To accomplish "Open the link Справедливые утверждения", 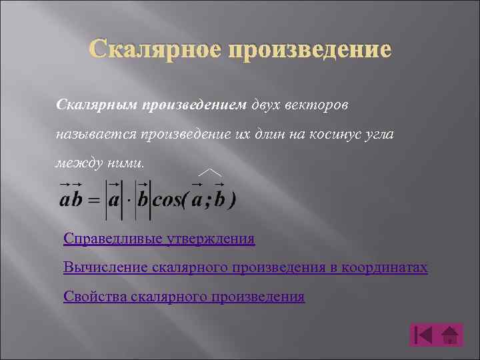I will [x=159, y=238].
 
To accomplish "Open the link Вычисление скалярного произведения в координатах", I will [x=245, y=267].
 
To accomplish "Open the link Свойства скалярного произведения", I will [x=184, y=297].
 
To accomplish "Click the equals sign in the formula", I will [x=93, y=201].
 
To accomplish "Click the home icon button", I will [x=451, y=335].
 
